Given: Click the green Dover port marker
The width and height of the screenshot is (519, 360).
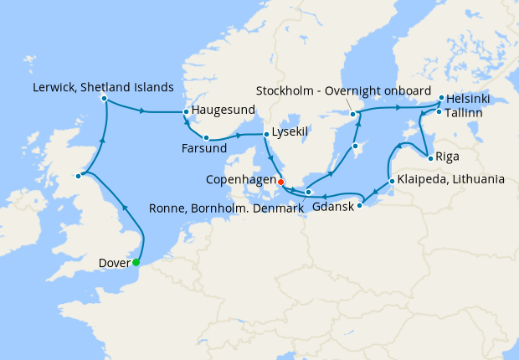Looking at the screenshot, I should (136, 262).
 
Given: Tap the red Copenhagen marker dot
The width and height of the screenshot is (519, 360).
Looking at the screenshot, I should (280, 182).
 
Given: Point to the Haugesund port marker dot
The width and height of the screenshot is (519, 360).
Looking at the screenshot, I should (186, 112).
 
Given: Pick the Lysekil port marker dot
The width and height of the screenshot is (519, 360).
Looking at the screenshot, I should (266, 134).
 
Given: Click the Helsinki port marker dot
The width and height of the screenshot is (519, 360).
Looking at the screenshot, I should (440, 98).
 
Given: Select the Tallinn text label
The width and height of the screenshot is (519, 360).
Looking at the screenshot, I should (464, 112).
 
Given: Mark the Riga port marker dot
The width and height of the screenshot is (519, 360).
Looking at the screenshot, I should (429, 158).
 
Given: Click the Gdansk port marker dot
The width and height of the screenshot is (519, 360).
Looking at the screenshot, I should (360, 205).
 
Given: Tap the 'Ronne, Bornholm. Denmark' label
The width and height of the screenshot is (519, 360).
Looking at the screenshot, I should (227, 208).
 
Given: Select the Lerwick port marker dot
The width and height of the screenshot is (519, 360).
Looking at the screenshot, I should (104, 99).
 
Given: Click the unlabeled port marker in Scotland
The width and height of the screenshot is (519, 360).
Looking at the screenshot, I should (78, 176).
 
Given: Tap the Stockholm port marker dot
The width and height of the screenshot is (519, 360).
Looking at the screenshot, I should (353, 114).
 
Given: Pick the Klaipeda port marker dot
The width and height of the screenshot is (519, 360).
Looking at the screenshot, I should (392, 182).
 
